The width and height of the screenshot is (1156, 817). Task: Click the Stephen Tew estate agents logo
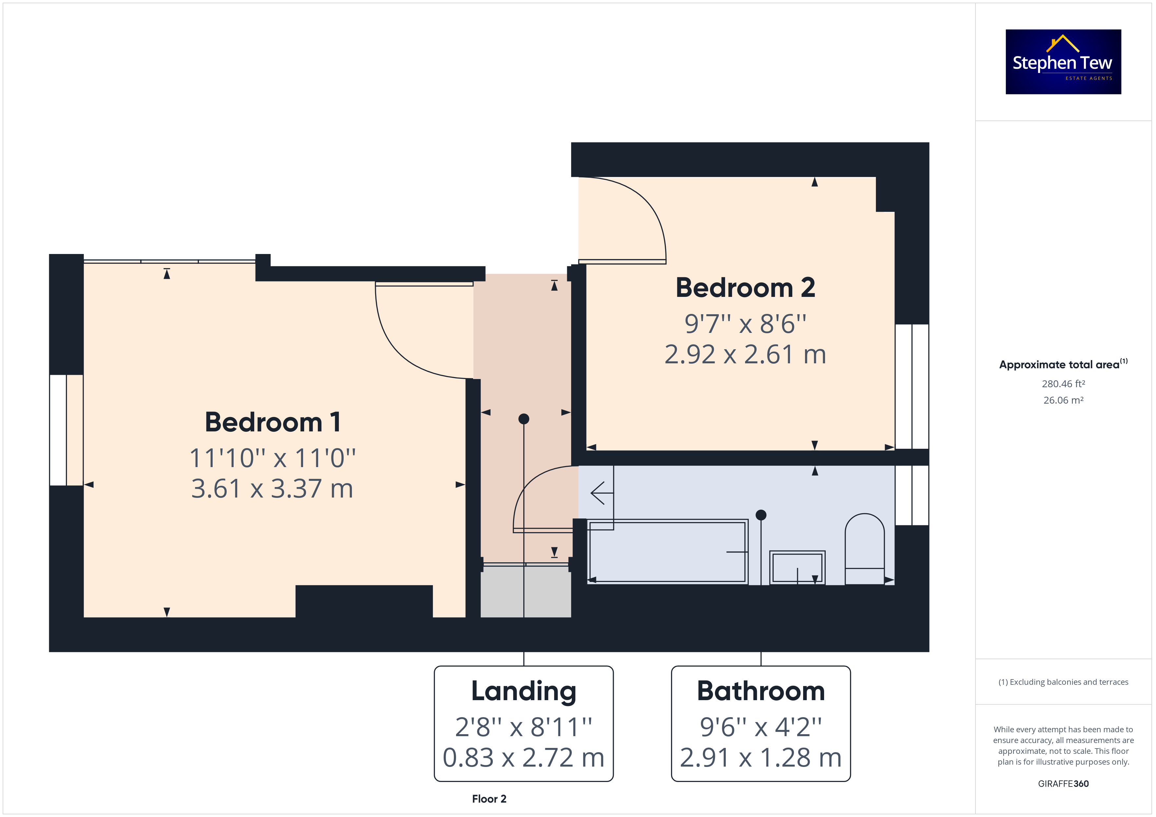(1063, 62)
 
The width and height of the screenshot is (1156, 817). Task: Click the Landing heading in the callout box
(524, 692)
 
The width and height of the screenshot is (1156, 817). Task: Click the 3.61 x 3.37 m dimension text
(272, 488)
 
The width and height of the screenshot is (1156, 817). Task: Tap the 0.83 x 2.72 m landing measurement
(524, 758)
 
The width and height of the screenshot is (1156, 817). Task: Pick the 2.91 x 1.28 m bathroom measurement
(761, 758)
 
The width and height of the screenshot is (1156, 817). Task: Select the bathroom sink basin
(797, 568)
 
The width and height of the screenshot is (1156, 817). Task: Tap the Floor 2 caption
(489, 799)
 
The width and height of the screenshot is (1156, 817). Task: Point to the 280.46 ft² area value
(1063, 384)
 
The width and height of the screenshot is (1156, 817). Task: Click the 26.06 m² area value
(1063, 400)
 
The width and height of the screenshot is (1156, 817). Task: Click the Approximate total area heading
(1063, 364)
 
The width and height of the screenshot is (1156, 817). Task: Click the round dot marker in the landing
(524, 419)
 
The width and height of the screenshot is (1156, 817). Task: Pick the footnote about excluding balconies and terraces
(1063, 682)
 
